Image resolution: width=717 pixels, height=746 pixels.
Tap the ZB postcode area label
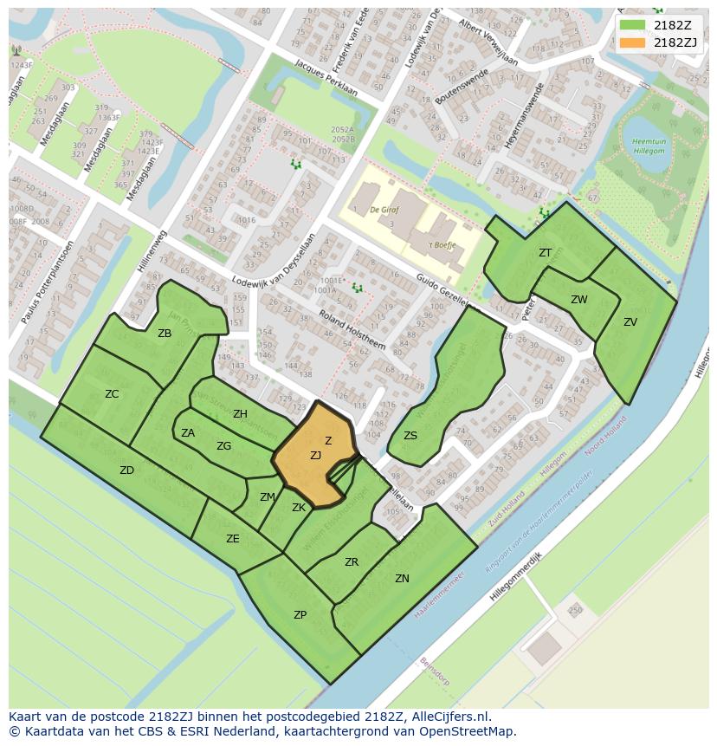[x=165, y=334]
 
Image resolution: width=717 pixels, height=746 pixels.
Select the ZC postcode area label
[x=112, y=394]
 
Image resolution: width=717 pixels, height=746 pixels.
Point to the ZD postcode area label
[x=126, y=470]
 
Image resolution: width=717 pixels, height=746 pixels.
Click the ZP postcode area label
[x=300, y=615]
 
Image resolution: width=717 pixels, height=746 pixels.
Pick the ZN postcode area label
[x=402, y=579]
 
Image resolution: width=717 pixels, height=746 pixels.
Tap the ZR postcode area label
[x=352, y=562]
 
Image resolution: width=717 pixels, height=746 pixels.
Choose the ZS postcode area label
[x=410, y=436]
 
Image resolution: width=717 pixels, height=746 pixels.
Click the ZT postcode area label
[x=545, y=253]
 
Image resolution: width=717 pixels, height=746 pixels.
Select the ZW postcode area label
[x=579, y=300]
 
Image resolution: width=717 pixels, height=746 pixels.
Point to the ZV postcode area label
[x=630, y=322]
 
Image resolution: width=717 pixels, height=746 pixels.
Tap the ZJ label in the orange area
[x=315, y=456]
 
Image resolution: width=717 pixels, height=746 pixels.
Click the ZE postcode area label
[x=233, y=539]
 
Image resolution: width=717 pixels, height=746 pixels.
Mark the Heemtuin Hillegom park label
[x=648, y=146]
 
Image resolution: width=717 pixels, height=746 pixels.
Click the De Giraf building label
[x=383, y=210]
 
